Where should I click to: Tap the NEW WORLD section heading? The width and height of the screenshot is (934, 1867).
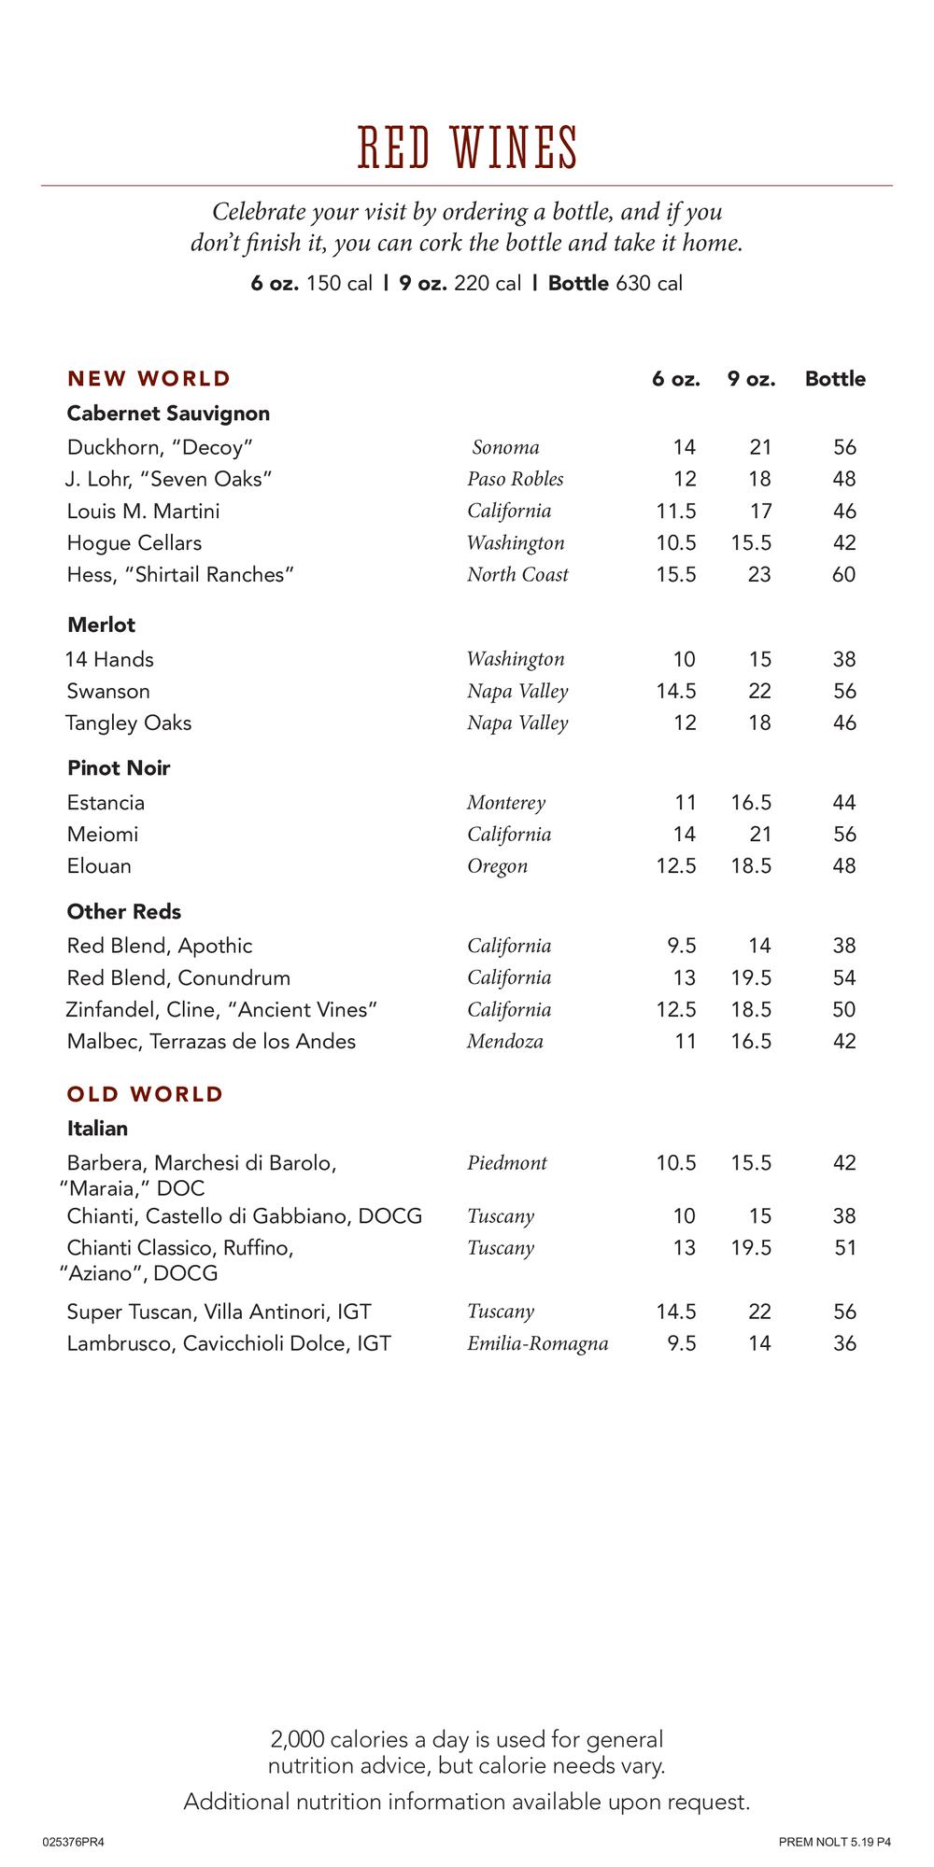click(x=149, y=379)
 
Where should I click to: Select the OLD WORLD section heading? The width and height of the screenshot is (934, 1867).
click(x=145, y=1094)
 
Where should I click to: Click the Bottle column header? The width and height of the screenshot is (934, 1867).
click(x=835, y=379)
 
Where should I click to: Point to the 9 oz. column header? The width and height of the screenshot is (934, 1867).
click(x=752, y=379)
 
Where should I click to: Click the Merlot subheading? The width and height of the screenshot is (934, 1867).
click(x=101, y=625)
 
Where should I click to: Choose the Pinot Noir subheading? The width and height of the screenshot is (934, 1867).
click(x=119, y=768)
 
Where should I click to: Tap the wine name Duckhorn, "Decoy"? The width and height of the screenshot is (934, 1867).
click(x=160, y=447)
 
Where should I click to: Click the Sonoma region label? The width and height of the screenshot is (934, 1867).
click(x=505, y=447)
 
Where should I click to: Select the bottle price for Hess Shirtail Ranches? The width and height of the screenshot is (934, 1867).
click(x=843, y=575)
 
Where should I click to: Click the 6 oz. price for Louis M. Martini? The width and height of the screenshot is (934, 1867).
click(x=676, y=512)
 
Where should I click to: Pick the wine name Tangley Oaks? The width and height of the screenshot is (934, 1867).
click(x=128, y=723)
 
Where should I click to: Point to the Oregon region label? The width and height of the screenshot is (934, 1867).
click(x=497, y=866)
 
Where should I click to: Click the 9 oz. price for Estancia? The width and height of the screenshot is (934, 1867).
click(x=751, y=803)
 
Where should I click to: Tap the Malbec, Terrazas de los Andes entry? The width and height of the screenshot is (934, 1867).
click(x=211, y=1042)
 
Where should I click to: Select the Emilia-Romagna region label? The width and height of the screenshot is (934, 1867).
click(x=537, y=1344)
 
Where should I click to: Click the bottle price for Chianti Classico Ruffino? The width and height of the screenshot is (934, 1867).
click(x=844, y=1248)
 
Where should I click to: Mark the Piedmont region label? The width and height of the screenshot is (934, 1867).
click(x=507, y=1163)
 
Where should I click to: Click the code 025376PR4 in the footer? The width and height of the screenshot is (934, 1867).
click(x=74, y=1843)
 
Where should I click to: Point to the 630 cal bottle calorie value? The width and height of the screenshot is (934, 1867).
click(x=649, y=284)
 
